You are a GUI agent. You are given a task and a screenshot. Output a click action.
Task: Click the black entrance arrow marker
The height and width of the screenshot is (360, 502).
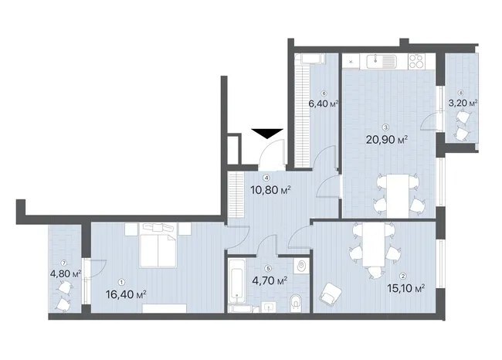(x=267, y=133)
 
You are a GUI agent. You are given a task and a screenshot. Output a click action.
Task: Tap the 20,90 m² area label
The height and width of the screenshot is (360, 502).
(x=387, y=140)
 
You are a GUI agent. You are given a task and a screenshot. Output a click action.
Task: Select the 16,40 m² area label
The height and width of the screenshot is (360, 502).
(x=126, y=294)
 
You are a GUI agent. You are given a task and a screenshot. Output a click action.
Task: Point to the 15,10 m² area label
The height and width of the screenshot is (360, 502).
(x=406, y=288)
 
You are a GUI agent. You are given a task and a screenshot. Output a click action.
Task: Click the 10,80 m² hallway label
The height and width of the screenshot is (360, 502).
(x=270, y=190)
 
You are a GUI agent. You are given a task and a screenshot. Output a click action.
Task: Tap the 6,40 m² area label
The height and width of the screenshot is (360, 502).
(x=324, y=104)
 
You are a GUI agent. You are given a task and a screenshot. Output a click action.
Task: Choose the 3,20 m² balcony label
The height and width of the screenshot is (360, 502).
(x=463, y=103)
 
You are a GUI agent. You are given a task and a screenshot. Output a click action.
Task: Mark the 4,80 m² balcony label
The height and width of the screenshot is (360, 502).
(x=66, y=273)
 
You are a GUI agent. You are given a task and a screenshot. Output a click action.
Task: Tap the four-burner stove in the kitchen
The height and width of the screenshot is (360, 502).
(x=417, y=61)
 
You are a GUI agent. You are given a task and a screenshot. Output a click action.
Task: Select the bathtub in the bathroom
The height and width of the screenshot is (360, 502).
(x=237, y=281)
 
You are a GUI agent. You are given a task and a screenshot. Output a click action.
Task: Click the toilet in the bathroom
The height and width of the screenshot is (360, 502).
(x=296, y=303)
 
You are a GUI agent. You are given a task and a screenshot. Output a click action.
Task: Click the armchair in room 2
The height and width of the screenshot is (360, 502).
(x=331, y=294)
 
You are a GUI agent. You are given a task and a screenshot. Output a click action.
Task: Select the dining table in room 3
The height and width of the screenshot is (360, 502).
(x=398, y=195)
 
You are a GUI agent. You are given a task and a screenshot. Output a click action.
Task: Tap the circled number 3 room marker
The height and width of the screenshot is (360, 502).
(x=386, y=127)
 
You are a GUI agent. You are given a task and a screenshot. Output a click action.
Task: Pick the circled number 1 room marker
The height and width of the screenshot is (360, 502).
(x=121, y=282)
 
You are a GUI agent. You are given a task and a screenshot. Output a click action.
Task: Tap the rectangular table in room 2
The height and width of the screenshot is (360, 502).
(x=374, y=244)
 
